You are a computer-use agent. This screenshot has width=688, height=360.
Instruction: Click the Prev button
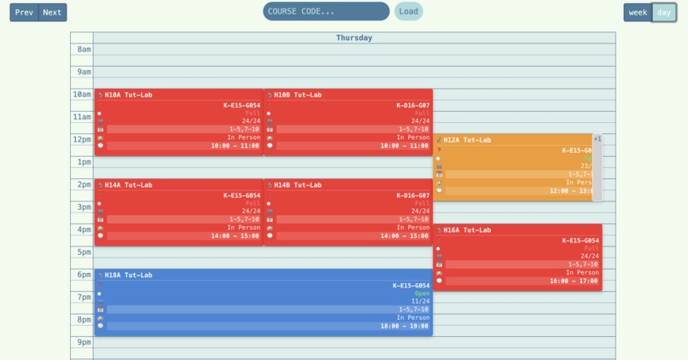[24, 12]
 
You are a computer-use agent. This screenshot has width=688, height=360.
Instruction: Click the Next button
[52, 12]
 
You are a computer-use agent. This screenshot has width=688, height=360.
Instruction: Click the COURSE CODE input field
[326, 11]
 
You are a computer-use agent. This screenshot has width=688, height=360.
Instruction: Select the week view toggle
[638, 12]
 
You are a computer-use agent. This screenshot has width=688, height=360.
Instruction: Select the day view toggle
[664, 12]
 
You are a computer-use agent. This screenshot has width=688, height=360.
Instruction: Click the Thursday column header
[353, 38]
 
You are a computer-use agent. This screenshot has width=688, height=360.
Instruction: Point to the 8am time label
[84, 49]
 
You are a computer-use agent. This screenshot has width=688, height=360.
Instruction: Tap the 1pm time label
[84, 162]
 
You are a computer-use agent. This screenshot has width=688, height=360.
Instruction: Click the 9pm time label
[84, 342]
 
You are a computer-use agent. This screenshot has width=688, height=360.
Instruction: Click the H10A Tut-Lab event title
[128, 95]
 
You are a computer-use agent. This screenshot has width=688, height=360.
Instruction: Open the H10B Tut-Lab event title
[298, 95]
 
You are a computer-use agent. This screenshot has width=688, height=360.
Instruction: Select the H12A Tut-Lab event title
[467, 140]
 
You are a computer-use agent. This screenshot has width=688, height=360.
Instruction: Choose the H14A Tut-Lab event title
[128, 185]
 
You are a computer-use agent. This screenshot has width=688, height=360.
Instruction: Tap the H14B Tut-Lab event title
[298, 185]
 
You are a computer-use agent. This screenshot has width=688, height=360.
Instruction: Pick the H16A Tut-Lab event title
[467, 230]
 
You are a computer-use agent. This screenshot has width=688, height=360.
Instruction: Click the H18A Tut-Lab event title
[128, 276]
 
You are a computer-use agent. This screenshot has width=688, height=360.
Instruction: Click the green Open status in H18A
[422, 293]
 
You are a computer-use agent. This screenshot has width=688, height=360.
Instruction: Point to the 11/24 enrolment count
[420, 301]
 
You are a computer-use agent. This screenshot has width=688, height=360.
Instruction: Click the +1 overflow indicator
[598, 139]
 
